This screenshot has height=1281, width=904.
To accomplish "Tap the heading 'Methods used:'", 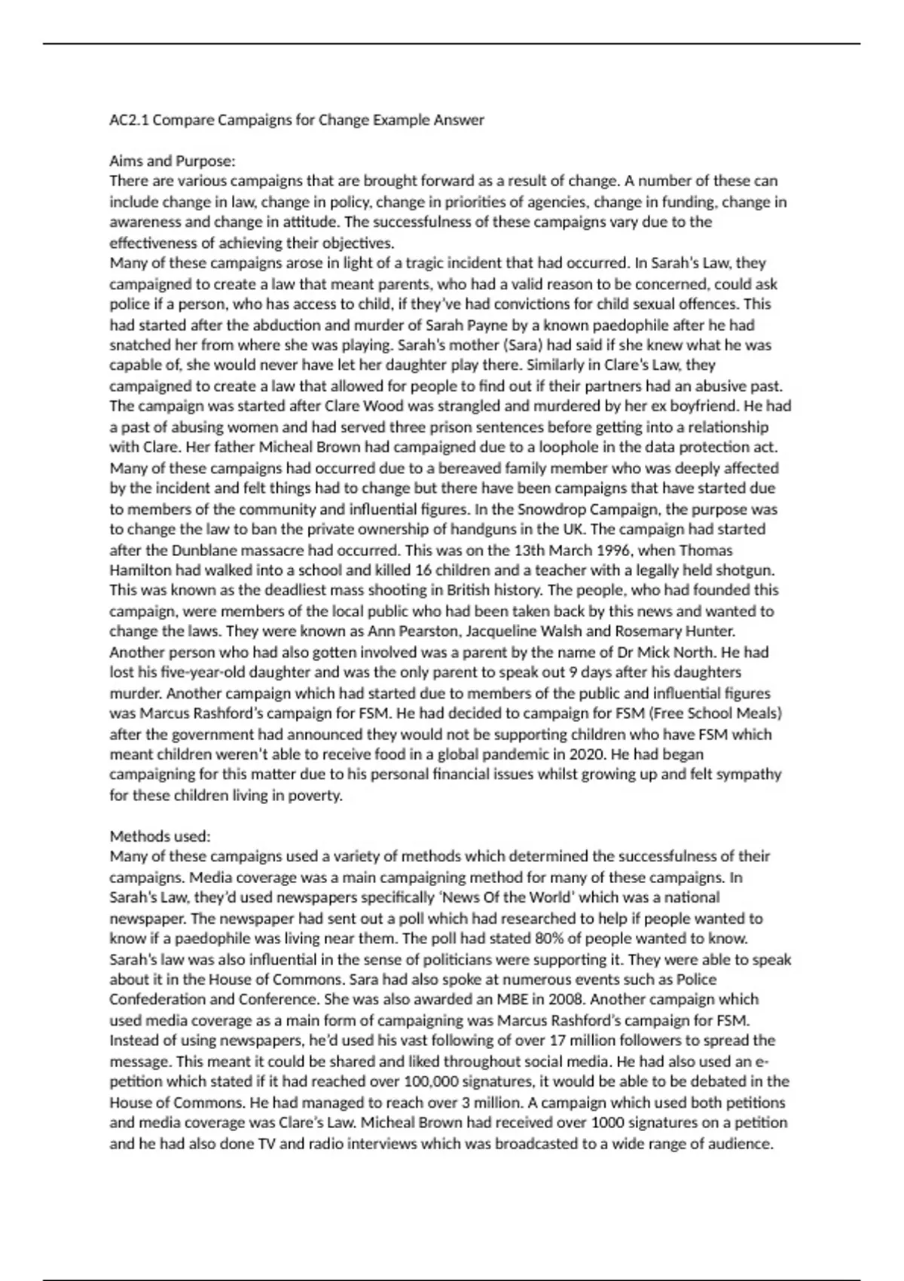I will point(160,836).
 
